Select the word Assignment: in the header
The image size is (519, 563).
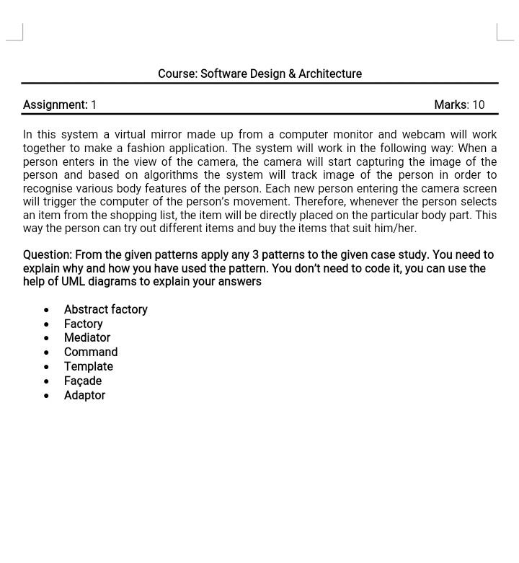point(55,105)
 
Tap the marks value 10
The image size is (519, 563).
point(478,105)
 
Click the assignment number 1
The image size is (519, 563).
point(94,105)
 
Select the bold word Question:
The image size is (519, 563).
point(47,255)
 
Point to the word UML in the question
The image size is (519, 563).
point(74,282)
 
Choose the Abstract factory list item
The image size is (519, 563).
point(105,309)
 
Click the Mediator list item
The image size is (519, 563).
point(86,337)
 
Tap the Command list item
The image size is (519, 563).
point(90,352)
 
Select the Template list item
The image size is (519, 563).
point(88,366)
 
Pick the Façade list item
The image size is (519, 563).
point(82,381)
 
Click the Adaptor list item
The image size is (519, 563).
point(84,395)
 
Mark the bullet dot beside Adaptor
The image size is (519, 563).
point(47,396)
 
